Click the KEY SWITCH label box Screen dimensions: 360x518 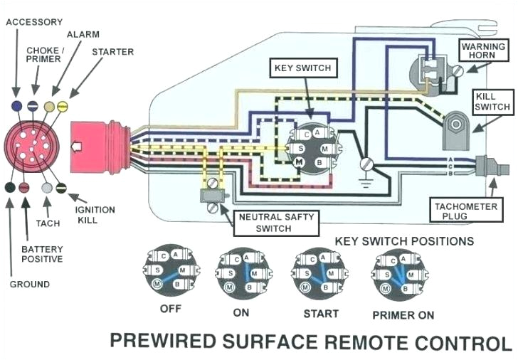click(303, 69)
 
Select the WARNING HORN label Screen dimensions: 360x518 click(484, 52)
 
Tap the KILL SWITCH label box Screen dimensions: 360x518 click(492, 101)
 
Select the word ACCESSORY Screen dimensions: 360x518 click(34, 22)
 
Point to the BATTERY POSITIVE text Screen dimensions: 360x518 click(42, 254)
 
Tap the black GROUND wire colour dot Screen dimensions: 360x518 click(10, 188)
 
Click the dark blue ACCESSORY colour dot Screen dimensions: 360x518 click(16, 105)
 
